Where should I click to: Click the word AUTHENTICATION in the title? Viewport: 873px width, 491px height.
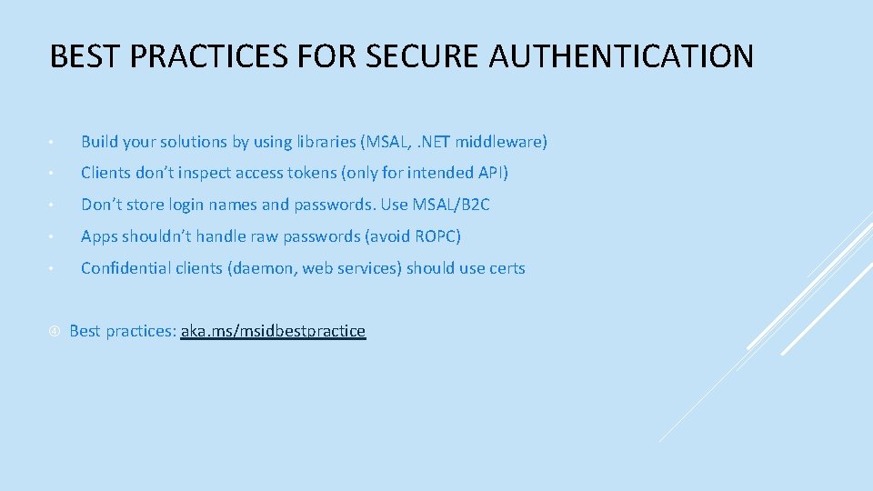[x=621, y=57]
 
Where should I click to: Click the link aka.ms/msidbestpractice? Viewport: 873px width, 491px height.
[x=273, y=331]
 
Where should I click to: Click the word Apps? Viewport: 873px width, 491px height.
[x=98, y=236]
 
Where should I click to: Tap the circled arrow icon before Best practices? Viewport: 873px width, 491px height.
[x=54, y=331]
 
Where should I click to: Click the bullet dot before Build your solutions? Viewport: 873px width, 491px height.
[x=54, y=143]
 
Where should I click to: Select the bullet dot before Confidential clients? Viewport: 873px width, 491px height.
[x=54, y=269]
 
